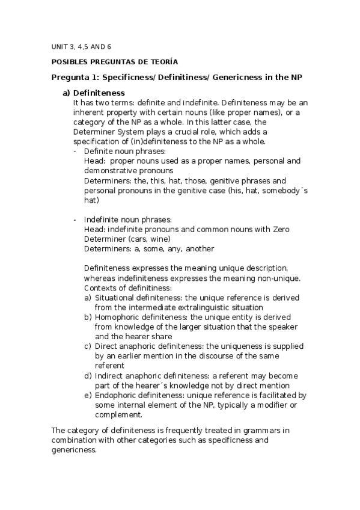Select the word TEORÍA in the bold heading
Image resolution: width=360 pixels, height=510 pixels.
[x=160, y=61]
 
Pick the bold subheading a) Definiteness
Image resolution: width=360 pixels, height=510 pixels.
[x=94, y=93]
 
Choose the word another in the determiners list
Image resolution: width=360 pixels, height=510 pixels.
[x=199, y=248]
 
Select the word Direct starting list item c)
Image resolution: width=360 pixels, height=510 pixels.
[x=106, y=346]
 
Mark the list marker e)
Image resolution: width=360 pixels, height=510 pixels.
[x=88, y=395]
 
